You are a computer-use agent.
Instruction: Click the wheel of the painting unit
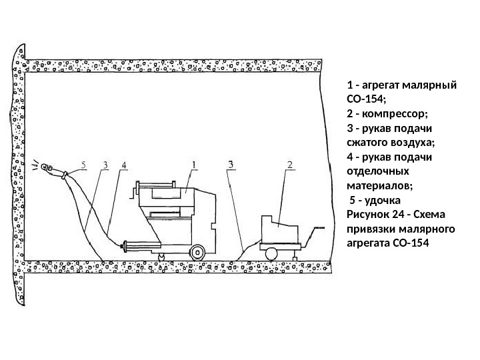tap(197, 253)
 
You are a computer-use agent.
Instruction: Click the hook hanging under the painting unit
tap(161, 256)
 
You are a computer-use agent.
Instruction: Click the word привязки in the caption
tap(372, 227)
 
